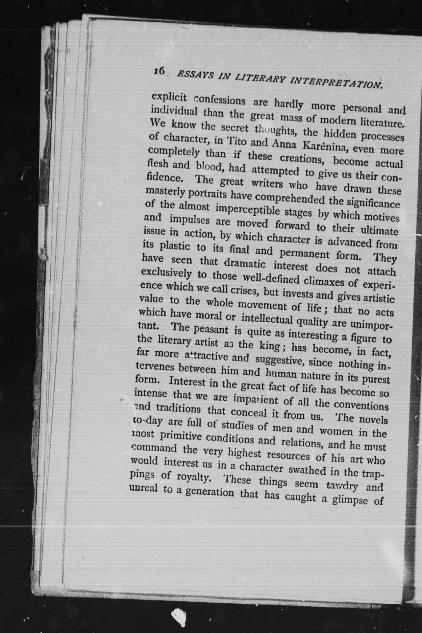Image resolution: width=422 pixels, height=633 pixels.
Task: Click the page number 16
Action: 159,71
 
